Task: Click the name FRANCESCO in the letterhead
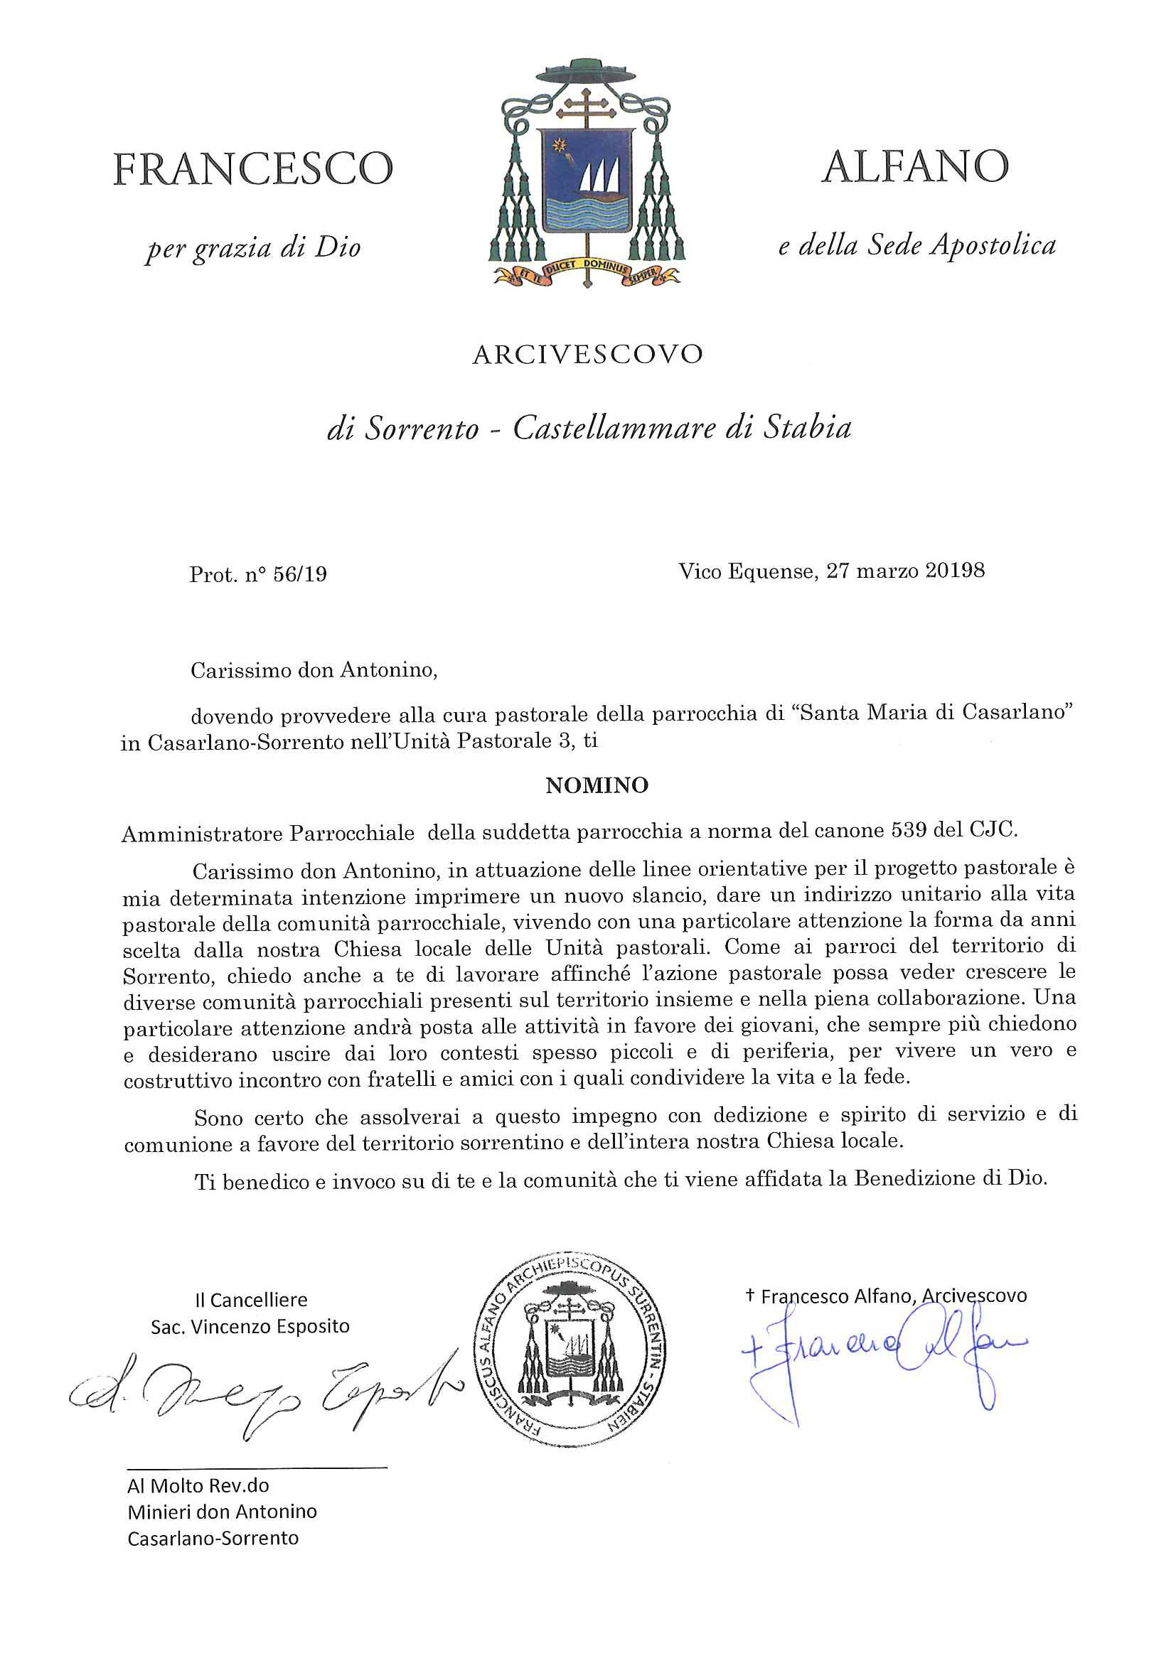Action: pyautogui.click(x=253, y=168)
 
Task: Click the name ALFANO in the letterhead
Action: pyautogui.click(x=914, y=167)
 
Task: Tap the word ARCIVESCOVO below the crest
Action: pyautogui.click(x=587, y=355)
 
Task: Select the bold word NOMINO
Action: pyautogui.click(x=597, y=786)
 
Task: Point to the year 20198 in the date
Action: pyautogui.click(x=955, y=571)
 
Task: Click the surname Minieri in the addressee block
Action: pyautogui.click(x=160, y=1512)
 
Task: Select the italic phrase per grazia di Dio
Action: pyautogui.click(x=253, y=249)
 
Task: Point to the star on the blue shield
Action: pyautogui.click(x=559, y=145)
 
